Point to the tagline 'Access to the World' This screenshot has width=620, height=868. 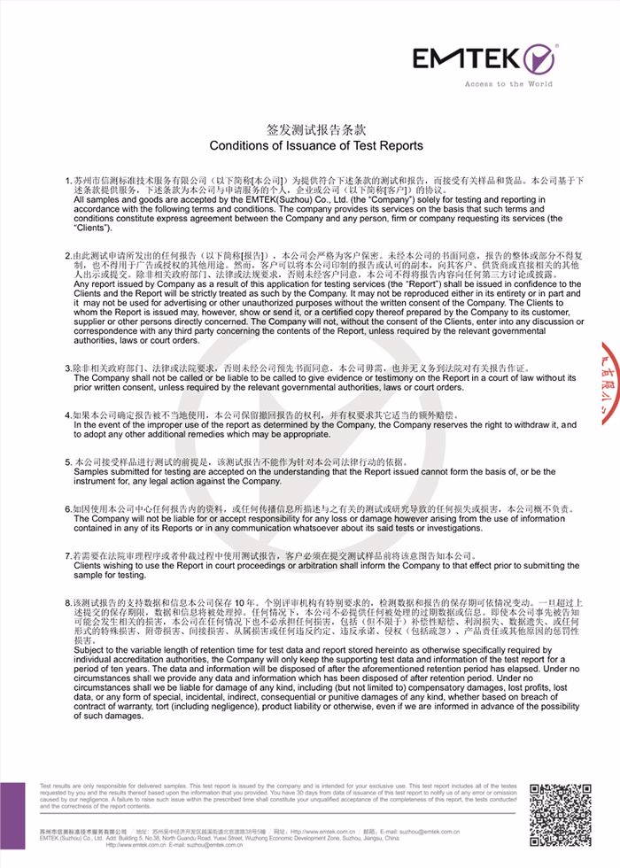point(508,84)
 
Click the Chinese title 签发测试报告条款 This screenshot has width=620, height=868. point(316,129)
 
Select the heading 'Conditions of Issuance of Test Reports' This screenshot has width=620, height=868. point(316,145)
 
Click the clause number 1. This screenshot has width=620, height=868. point(68,181)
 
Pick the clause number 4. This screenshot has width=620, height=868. point(68,414)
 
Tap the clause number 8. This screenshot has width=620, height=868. point(68,601)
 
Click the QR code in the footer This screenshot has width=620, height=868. point(560,815)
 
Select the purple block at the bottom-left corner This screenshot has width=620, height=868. point(12,824)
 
